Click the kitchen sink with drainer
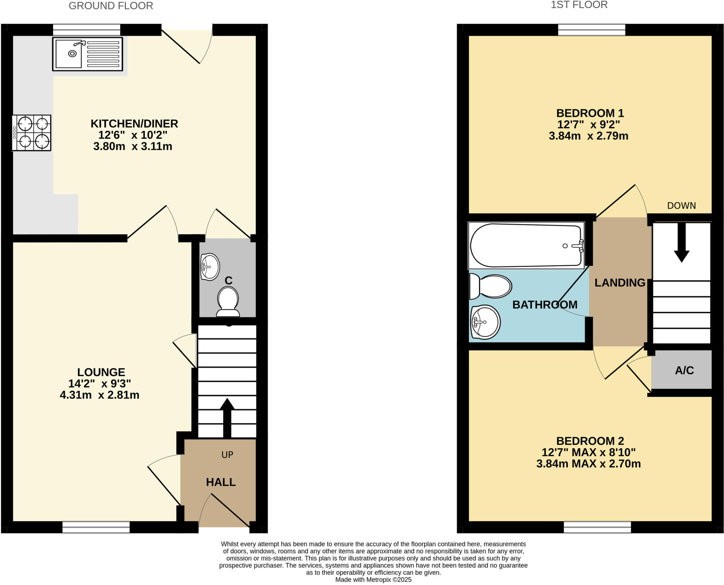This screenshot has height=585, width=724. click(88, 54)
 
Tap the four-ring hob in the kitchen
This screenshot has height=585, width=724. click(32, 133)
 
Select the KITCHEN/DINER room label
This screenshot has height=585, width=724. click(134, 124)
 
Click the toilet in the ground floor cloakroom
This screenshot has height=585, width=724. click(228, 301)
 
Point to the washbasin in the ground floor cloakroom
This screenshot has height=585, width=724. click(210, 267)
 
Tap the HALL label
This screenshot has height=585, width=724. click(221, 482)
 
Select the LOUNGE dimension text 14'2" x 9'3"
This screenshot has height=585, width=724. click(100, 383)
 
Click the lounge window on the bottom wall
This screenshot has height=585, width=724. click(96, 527)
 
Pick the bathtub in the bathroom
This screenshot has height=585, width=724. click(526, 245)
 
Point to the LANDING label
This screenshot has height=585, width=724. click(620, 283)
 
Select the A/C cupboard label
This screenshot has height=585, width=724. click(684, 370)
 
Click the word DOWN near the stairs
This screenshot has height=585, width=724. click(681, 205)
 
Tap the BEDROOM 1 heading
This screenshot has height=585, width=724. click(590, 113)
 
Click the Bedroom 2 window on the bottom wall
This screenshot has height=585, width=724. click(597, 527)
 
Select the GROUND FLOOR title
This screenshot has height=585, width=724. click(111, 6)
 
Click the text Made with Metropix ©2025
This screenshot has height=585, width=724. click(373, 580)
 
